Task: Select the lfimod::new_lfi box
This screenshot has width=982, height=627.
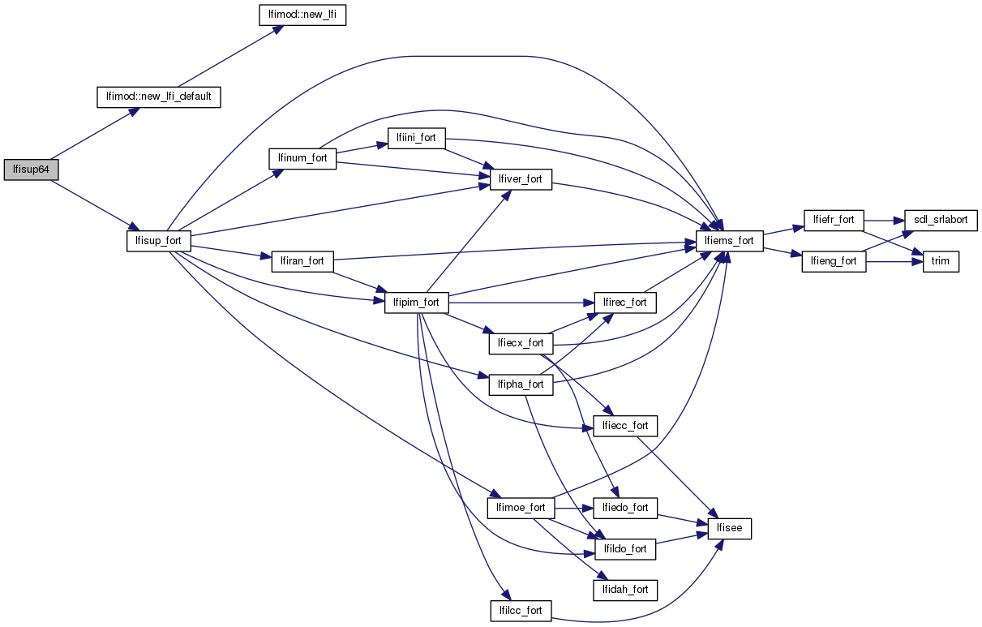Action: pyautogui.click(x=302, y=15)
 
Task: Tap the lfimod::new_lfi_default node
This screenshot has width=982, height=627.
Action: pyautogui.click(x=159, y=97)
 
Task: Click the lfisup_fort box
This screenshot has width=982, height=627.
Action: pyautogui.click(x=159, y=241)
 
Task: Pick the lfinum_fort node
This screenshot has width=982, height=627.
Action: pyautogui.click(x=302, y=158)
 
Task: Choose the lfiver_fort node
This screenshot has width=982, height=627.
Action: pyautogui.click(x=521, y=180)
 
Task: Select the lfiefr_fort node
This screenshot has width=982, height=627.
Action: pyautogui.click(x=834, y=220)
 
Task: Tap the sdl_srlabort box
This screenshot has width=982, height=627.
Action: pyautogui.click(x=941, y=220)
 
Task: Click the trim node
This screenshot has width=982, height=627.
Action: pyautogui.click(x=941, y=262)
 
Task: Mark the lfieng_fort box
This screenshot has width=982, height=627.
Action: pyautogui.click(x=834, y=262)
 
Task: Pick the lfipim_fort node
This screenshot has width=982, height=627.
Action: pyautogui.click(x=417, y=303)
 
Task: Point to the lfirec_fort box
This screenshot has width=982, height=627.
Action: pyautogui.click(x=625, y=303)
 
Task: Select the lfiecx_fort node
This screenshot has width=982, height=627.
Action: pyautogui.click(x=521, y=343)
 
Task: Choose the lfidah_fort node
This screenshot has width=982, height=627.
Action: pyautogui.click(x=625, y=590)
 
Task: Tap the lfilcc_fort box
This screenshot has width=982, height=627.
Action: pyautogui.click(x=521, y=610)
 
